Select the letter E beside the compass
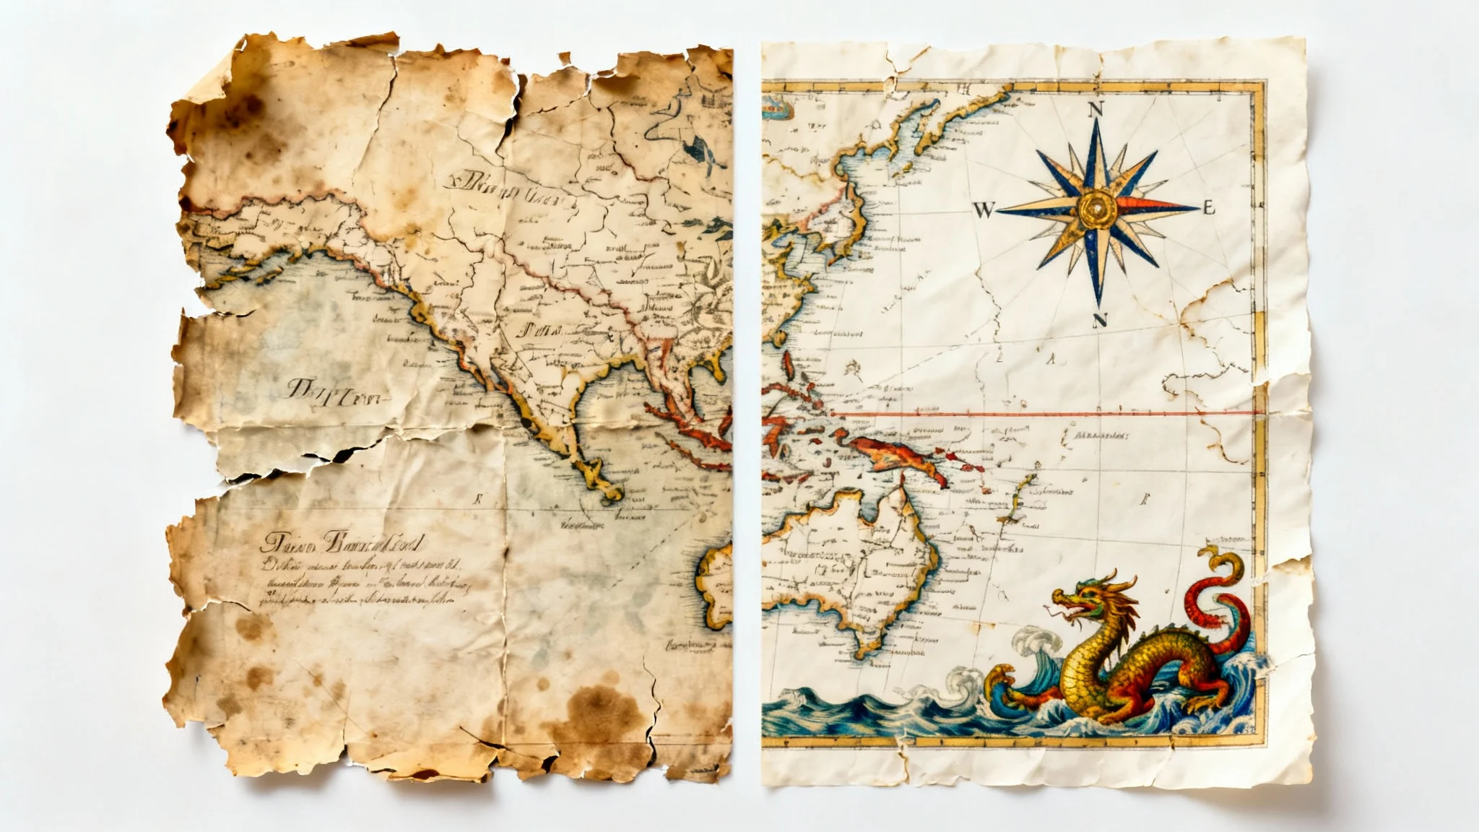[1209, 209]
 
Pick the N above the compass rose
[1096, 110]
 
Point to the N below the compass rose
[1100, 320]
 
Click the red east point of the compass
[1155, 207]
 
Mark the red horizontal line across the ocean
[1047, 414]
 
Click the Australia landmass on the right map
[845, 563]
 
